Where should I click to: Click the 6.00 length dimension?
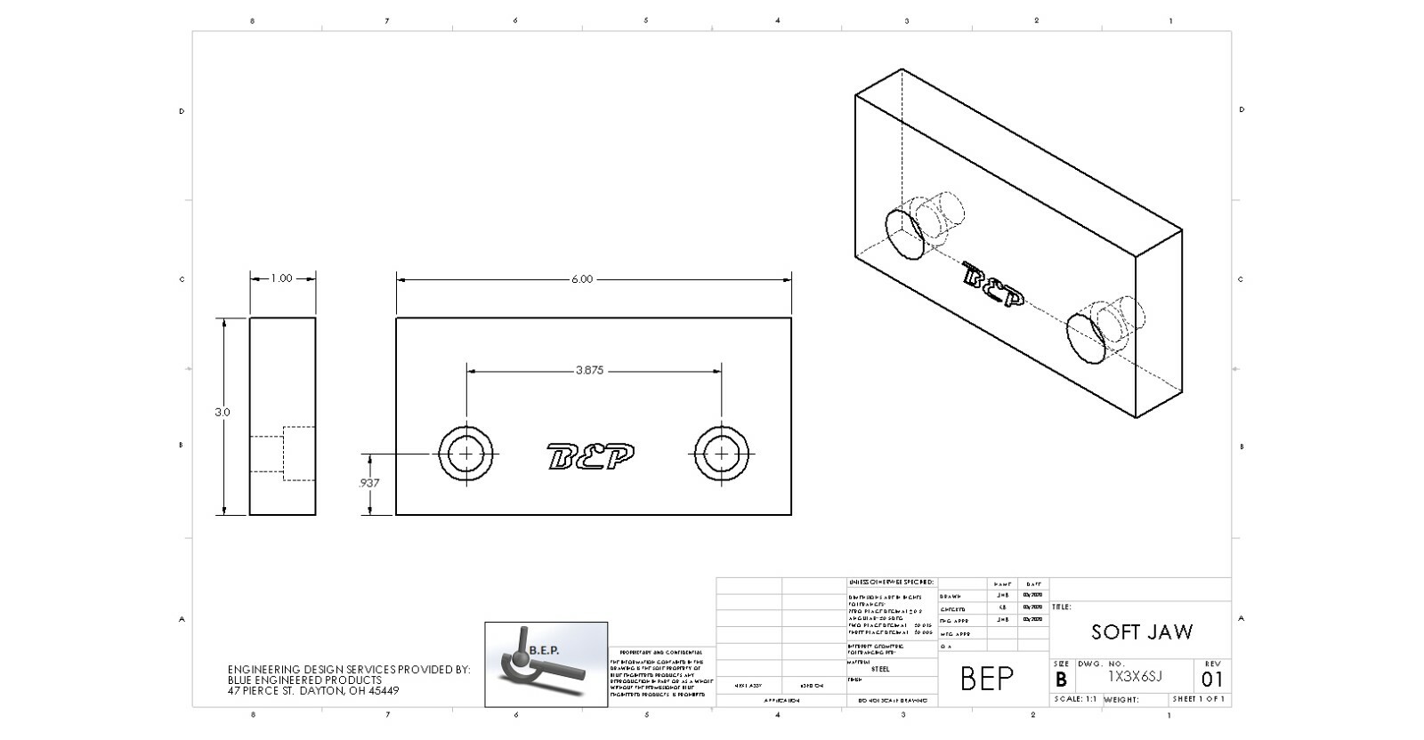pos(581,279)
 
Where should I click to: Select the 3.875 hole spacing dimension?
pos(589,371)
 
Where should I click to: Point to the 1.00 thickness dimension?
pos(281,278)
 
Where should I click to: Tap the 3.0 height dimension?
pos(222,413)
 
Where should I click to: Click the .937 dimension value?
pos(368,483)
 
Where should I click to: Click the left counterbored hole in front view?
pos(466,454)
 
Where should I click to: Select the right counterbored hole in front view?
pos(721,454)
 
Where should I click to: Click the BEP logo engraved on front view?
pos(592,457)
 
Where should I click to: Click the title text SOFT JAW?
pos(1142,632)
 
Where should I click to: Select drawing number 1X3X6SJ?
pos(1135,677)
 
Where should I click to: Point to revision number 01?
pos(1212,680)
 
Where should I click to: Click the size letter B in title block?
pos(1061,680)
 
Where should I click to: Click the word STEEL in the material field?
pos(879,669)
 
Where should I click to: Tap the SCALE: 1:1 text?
pos(1075,700)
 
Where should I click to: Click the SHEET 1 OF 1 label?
pos(1198,700)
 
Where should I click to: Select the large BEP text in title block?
pos(987,679)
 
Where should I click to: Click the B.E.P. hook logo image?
pos(546,664)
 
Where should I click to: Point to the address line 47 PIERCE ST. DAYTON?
pos(313,691)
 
